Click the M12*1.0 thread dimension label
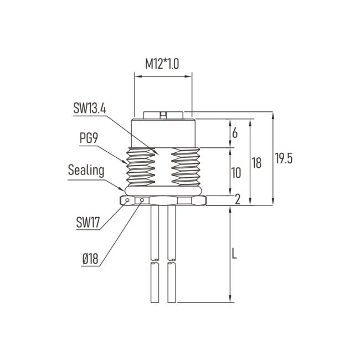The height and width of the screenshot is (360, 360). (162, 64)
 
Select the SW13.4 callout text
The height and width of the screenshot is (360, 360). (89, 108)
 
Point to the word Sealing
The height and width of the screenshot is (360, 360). (86, 169)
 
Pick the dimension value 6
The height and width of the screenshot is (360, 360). (235, 133)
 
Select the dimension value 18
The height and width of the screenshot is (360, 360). (256, 162)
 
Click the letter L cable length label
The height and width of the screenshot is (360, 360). (234, 255)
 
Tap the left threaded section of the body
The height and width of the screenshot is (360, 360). (141, 166)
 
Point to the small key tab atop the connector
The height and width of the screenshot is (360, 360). (163, 115)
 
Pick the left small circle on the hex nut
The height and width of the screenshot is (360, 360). (128, 200)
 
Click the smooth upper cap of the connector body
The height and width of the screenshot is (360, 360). (163, 133)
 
